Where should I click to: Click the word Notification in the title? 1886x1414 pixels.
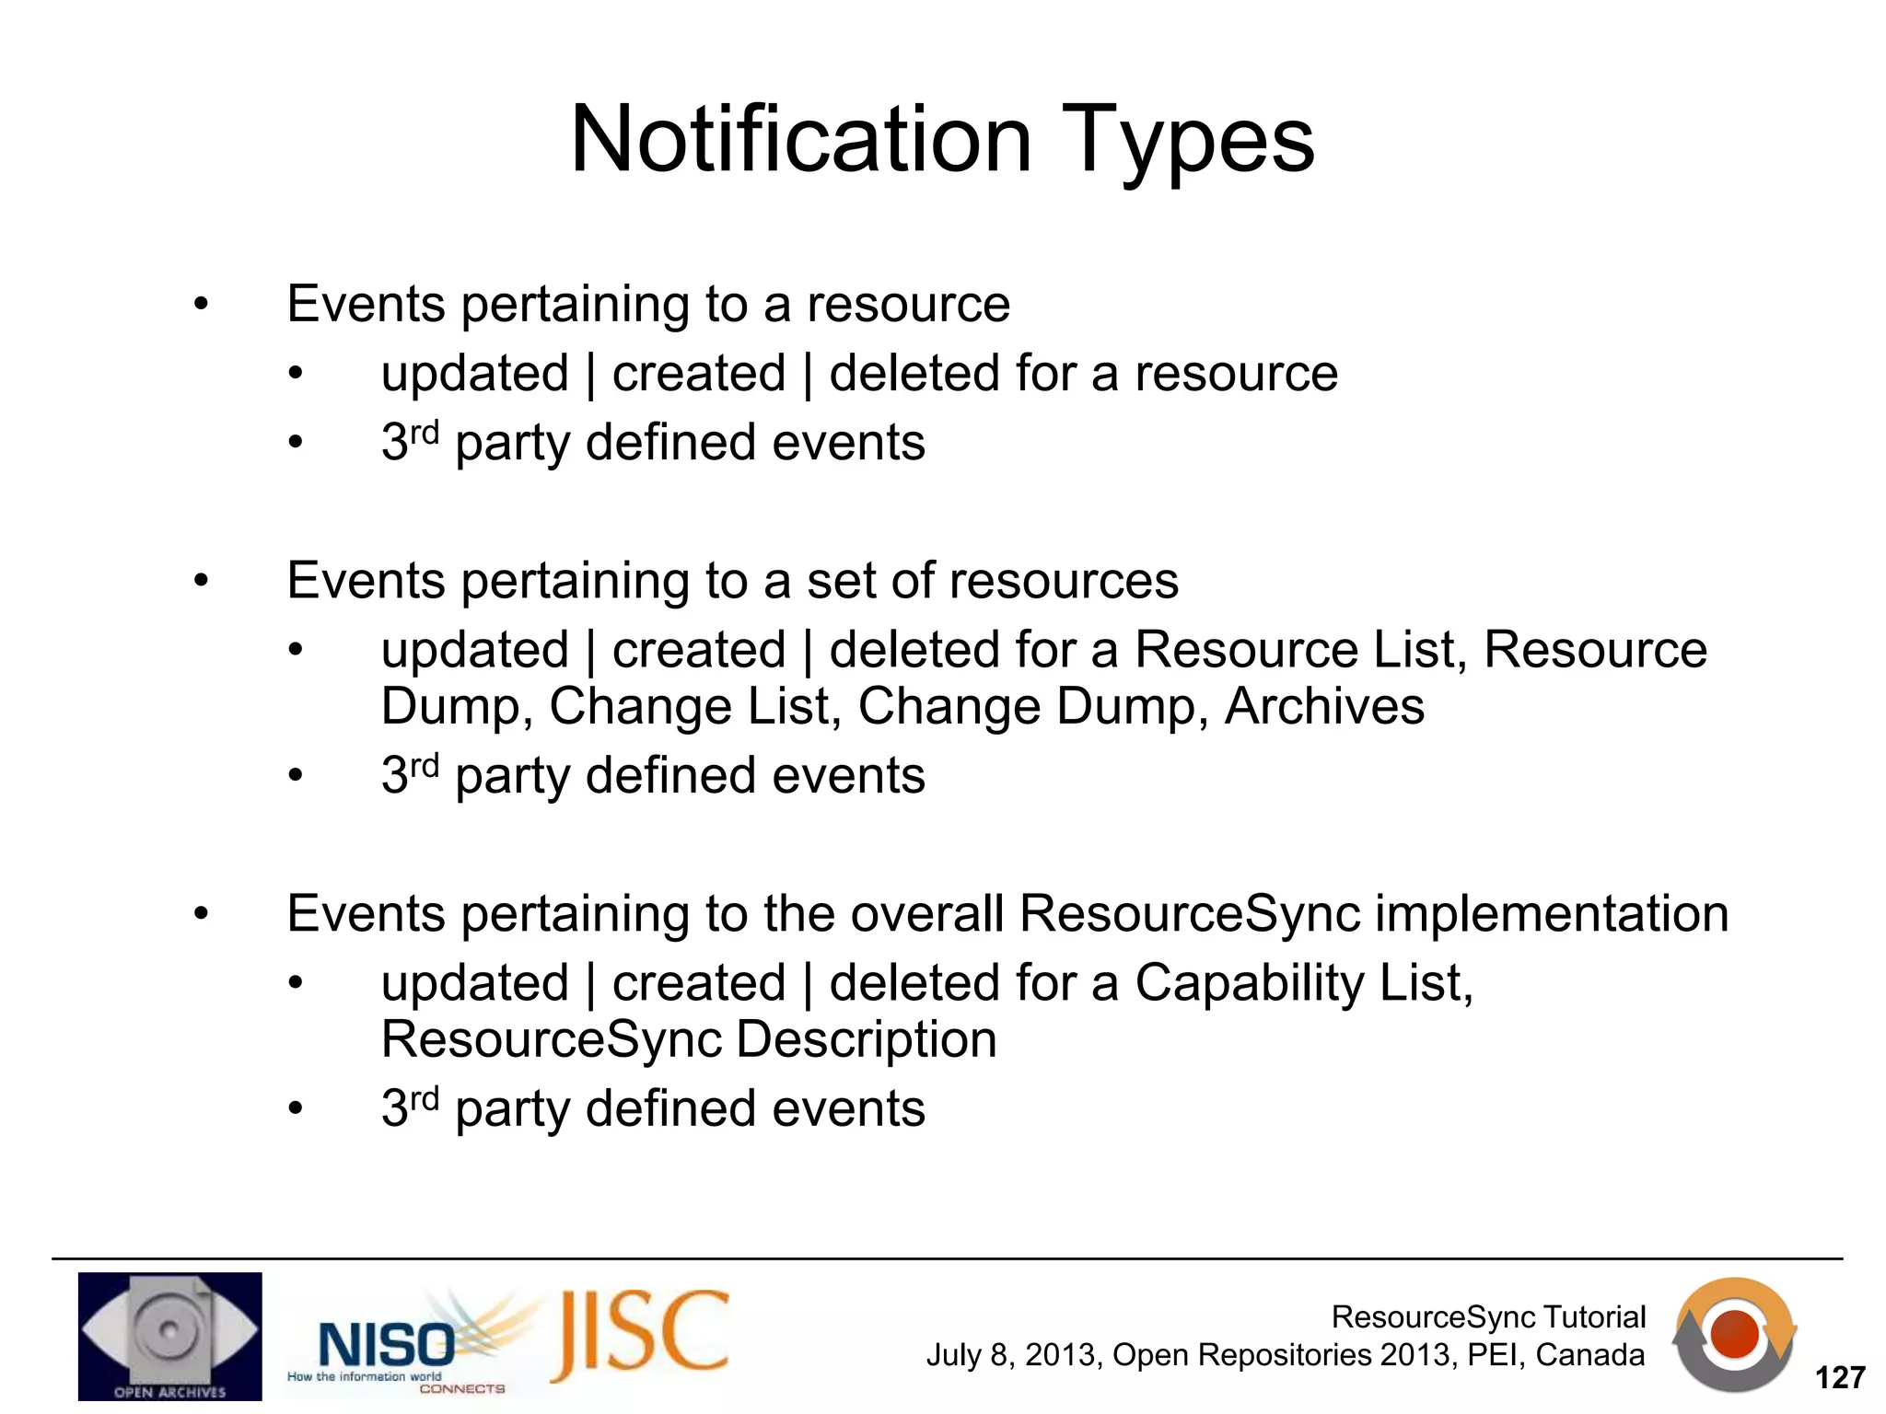click(801, 140)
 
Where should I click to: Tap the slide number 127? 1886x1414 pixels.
click(1839, 1377)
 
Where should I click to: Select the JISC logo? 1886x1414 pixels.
click(641, 1336)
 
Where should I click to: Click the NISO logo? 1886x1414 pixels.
click(387, 1346)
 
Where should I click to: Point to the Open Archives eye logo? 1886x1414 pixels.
click(169, 1336)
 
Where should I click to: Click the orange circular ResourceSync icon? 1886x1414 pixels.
click(1735, 1334)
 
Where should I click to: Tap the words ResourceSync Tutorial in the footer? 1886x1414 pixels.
click(1488, 1316)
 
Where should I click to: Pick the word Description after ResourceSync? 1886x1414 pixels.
click(867, 1040)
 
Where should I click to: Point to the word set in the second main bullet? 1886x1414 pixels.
click(832, 581)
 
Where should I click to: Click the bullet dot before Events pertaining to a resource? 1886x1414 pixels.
click(201, 305)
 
